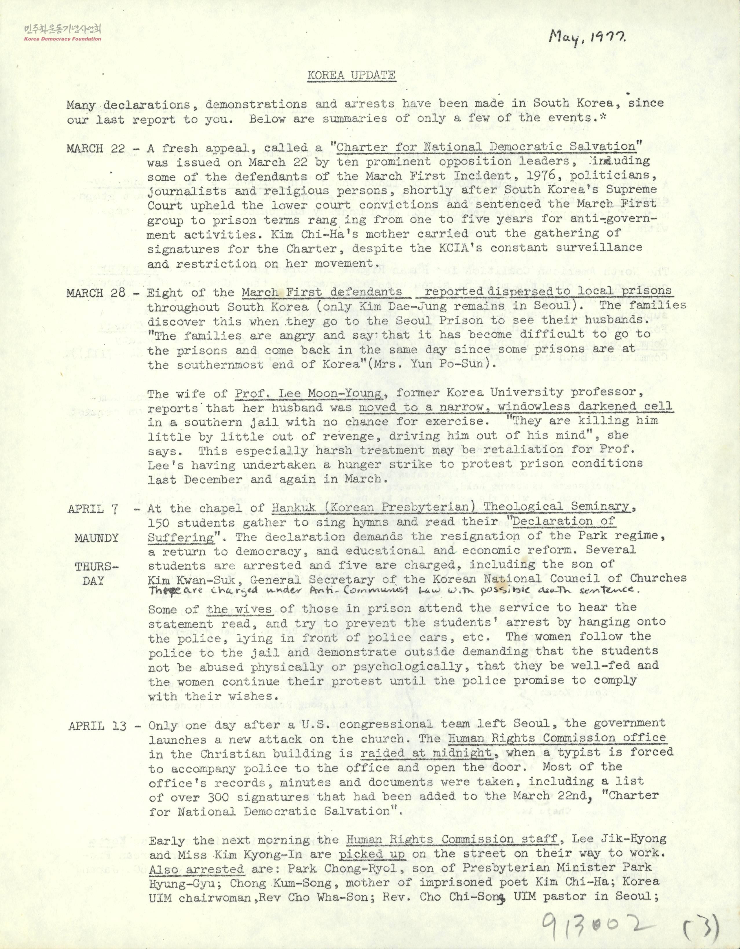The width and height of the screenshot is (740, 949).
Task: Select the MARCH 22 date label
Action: [96, 148]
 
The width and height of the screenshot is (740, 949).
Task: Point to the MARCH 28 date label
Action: [96, 292]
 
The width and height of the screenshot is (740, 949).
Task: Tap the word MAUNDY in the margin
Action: [96, 538]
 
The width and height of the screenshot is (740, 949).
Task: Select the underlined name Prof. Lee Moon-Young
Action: [309, 394]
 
